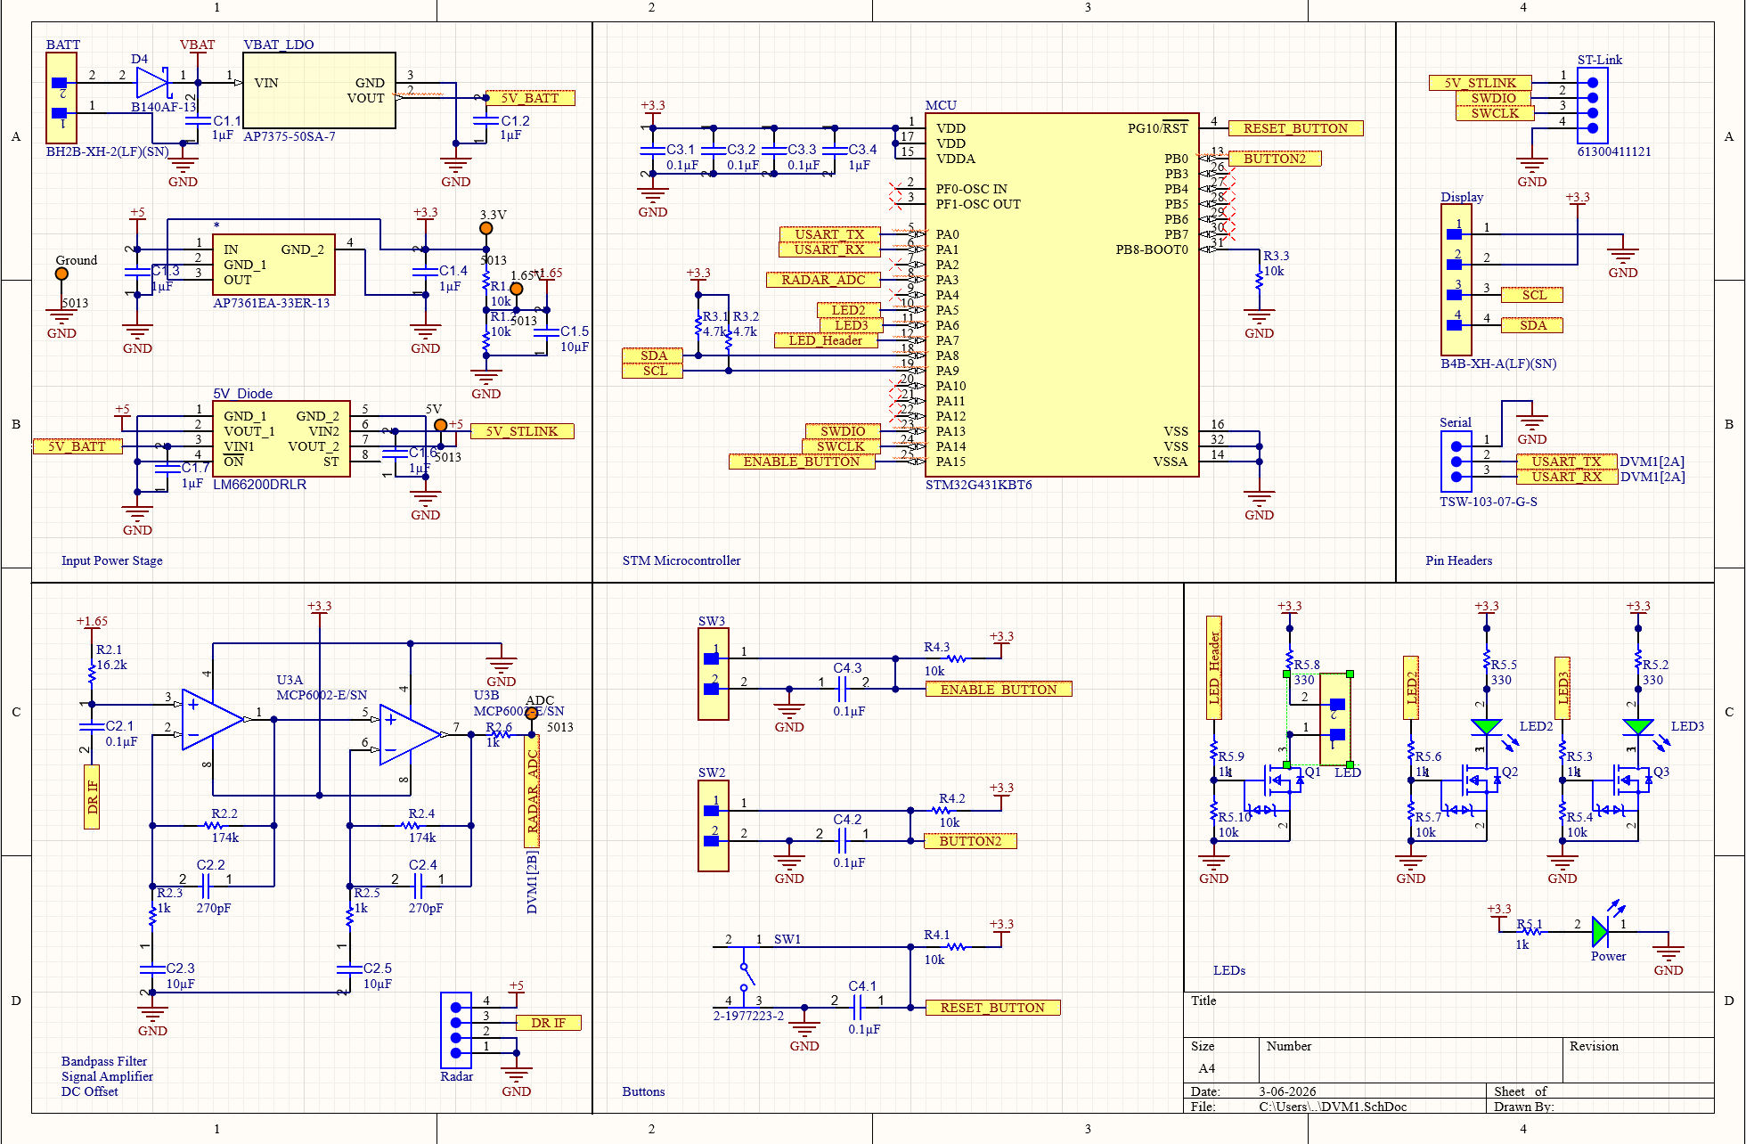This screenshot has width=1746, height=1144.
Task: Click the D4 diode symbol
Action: (x=151, y=83)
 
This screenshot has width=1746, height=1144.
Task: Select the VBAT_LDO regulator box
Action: (x=319, y=90)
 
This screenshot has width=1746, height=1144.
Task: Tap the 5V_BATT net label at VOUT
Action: (x=530, y=98)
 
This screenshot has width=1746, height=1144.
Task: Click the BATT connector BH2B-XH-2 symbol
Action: (x=61, y=97)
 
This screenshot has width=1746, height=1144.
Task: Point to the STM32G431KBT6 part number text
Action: (x=978, y=485)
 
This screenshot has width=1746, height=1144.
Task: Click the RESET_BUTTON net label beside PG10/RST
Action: (x=1295, y=128)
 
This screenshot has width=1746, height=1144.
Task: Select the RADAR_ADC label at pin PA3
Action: (x=823, y=280)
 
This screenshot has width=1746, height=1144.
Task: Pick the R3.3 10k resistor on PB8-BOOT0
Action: (x=1259, y=279)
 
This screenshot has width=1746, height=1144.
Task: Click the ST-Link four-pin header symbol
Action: (x=1592, y=105)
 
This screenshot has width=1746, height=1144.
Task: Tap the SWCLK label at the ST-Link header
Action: (x=1495, y=113)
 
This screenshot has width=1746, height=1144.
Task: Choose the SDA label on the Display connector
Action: (x=1532, y=325)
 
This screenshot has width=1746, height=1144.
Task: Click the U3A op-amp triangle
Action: (x=212, y=719)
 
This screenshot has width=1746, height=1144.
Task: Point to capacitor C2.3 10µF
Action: (x=152, y=968)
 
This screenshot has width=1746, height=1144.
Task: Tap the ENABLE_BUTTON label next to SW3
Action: (x=998, y=690)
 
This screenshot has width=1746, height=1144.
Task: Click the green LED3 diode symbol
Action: (x=1637, y=727)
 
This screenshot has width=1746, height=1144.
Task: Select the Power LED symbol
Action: (x=1600, y=932)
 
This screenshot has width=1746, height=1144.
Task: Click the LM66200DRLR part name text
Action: (x=259, y=485)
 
